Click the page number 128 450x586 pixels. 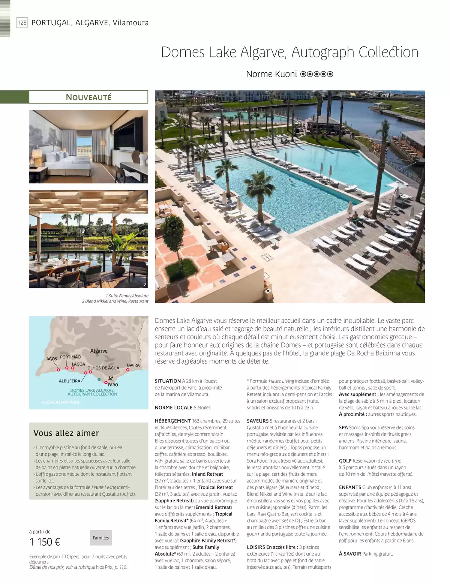[22, 23]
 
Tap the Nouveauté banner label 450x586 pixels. [88, 97]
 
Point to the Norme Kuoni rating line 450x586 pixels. [289, 74]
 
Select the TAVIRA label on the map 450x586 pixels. [133, 365]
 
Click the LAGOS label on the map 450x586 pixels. [51, 359]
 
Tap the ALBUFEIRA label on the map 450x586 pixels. [69, 381]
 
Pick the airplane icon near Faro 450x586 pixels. [110, 378]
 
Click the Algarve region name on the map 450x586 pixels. [99, 351]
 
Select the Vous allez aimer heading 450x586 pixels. [66, 433]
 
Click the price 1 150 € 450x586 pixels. [45, 542]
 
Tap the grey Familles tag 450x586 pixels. [100, 538]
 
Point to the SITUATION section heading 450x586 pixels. [168, 381]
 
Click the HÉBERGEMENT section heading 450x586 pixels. [173, 421]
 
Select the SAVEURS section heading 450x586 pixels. [258, 421]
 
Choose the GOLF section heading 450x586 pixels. [345, 461]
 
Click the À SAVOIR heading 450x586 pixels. [350, 554]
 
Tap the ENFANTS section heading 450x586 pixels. [350, 487]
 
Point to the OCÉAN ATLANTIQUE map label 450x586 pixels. [60, 402]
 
